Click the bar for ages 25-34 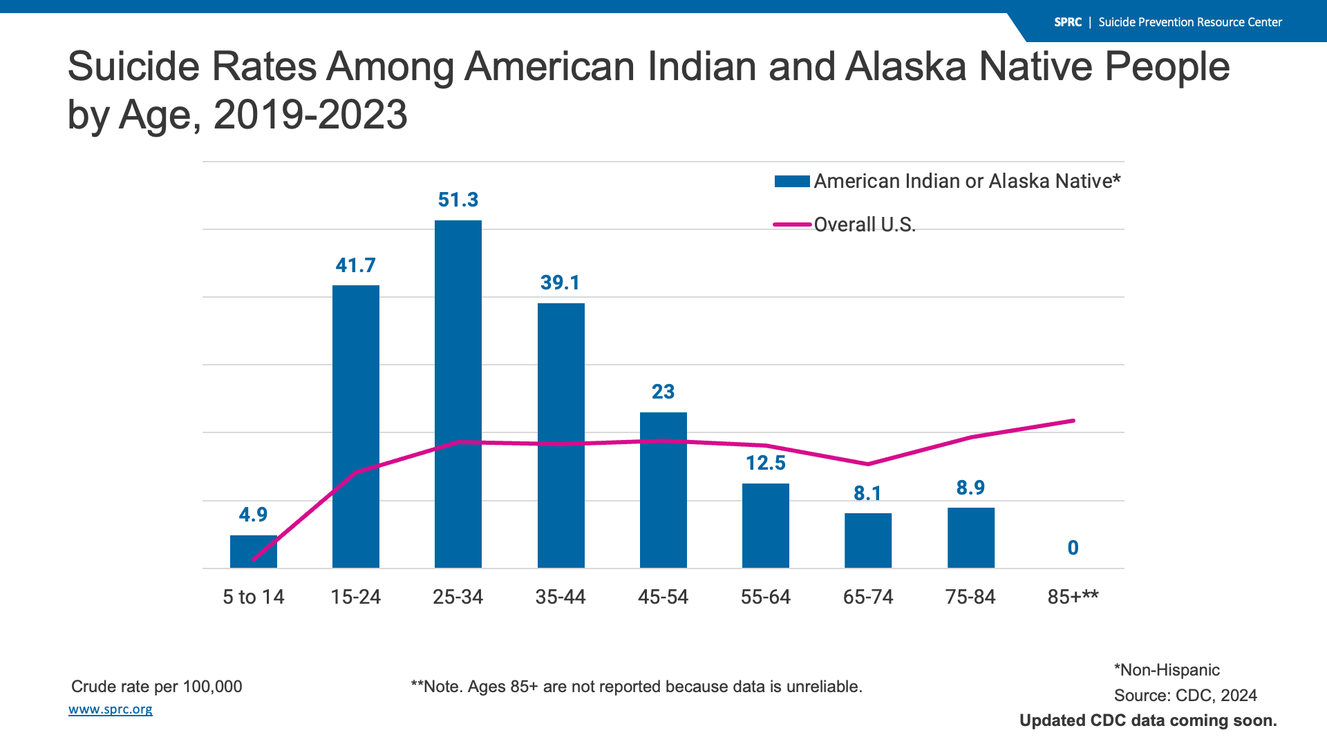[x=458, y=394]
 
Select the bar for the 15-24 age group [x=355, y=426]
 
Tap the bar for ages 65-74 [x=868, y=540]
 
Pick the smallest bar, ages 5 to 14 [x=253, y=551]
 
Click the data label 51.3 [x=458, y=200]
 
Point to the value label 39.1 [x=560, y=283]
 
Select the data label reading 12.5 [x=765, y=463]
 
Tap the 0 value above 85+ [x=1073, y=548]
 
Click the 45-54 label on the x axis [x=663, y=597]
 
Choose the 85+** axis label [x=1073, y=597]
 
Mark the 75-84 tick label [x=970, y=597]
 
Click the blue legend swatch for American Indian [x=792, y=182]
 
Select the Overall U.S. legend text [x=865, y=224]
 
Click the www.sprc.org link [x=111, y=709]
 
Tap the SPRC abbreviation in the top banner [x=1068, y=22]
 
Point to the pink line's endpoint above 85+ [x=1073, y=421]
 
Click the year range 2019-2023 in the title [x=310, y=114]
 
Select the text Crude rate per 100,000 [x=157, y=687]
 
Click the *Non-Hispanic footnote [x=1167, y=670]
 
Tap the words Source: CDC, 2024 [x=1185, y=696]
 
